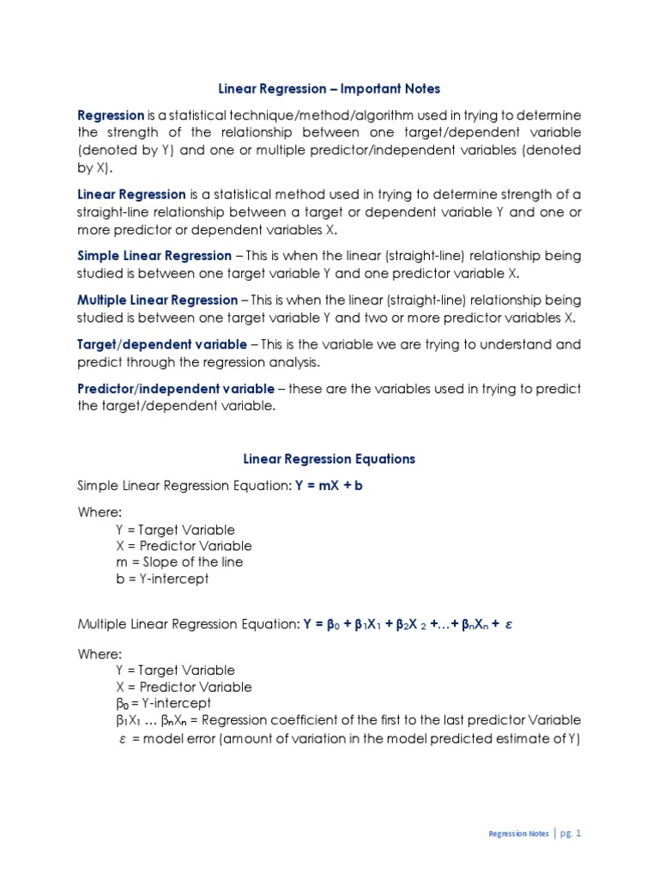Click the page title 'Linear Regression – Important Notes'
pyautogui.click(x=329, y=89)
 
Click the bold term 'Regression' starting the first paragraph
pyautogui.click(x=111, y=115)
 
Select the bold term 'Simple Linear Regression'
pyautogui.click(x=154, y=256)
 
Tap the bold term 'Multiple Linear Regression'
pyautogui.click(x=158, y=300)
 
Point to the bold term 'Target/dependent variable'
pyautogui.click(x=162, y=344)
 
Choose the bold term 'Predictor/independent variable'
pyautogui.click(x=176, y=389)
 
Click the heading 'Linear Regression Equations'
pyautogui.click(x=329, y=459)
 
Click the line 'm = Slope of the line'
pyautogui.click(x=179, y=562)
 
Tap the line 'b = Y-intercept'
pyautogui.click(x=162, y=579)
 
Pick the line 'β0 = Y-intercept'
pyautogui.click(x=163, y=703)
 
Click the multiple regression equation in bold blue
pyautogui.click(x=408, y=626)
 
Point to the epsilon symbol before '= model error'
pyautogui.click(x=122, y=737)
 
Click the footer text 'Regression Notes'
pyautogui.click(x=518, y=834)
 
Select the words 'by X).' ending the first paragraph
pyautogui.click(x=94, y=167)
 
